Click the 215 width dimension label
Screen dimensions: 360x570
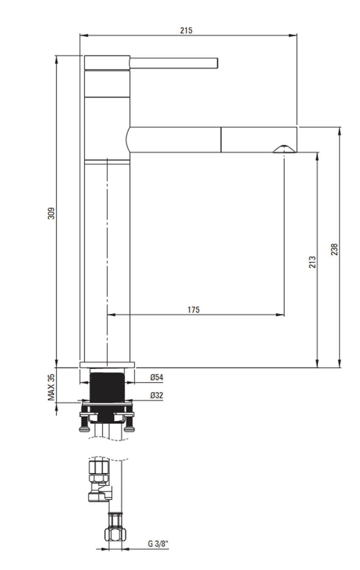coord(186,31)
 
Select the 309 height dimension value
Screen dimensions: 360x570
coord(51,213)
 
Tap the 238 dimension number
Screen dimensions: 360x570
coord(335,249)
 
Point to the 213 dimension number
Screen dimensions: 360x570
coord(312,262)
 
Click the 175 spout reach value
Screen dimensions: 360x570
coord(194,310)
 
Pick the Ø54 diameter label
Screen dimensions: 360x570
coord(157,377)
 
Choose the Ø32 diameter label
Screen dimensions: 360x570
coord(157,395)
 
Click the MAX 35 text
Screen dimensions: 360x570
coord(51,387)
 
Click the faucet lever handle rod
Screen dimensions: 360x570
coord(174,63)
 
